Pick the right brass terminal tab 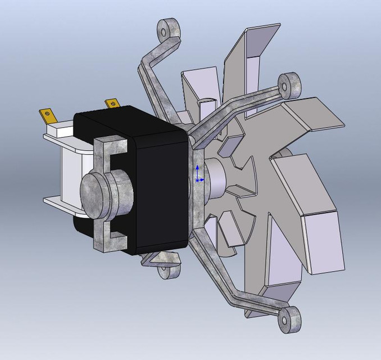click(112, 103)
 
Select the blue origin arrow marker click(197, 174)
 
